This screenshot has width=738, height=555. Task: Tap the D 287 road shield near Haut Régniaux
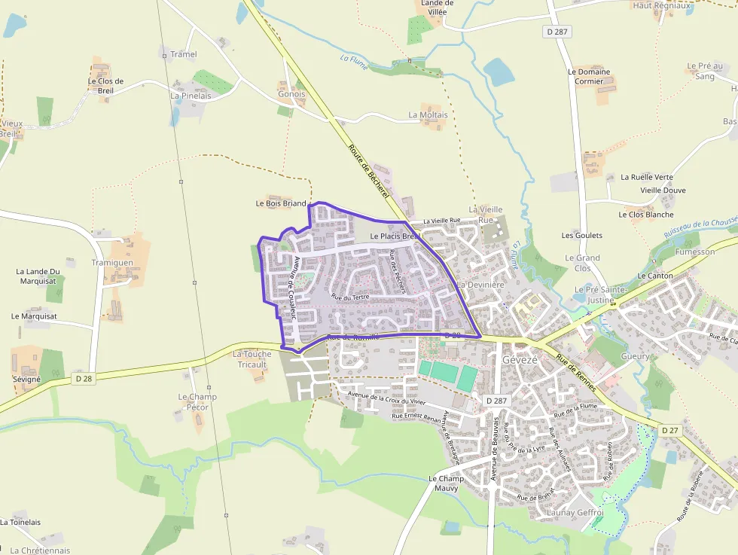(x=557, y=32)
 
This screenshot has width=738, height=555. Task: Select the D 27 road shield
(x=669, y=430)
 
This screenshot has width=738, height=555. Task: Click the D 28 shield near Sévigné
(x=84, y=379)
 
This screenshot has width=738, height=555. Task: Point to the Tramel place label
(x=184, y=54)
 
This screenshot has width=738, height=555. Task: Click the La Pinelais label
(x=191, y=96)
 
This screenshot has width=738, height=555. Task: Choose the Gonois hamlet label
(x=291, y=94)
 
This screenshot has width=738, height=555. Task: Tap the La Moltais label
(x=428, y=115)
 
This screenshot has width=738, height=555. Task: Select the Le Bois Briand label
(x=281, y=203)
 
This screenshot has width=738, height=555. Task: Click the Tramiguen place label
(x=112, y=263)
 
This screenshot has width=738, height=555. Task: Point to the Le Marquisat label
(x=35, y=316)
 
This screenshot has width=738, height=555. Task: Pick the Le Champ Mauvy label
(x=447, y=483)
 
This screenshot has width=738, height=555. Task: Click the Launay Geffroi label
(x=575, y=513)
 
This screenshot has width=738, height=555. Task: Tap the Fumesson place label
(x=695, y=252)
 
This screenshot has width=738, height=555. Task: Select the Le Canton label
(x=655, y=276)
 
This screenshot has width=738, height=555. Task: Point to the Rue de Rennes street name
(x=576, y=373)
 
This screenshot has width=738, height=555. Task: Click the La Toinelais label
(x=20, y=522)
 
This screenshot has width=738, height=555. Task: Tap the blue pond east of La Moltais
(x=499, y=72)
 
